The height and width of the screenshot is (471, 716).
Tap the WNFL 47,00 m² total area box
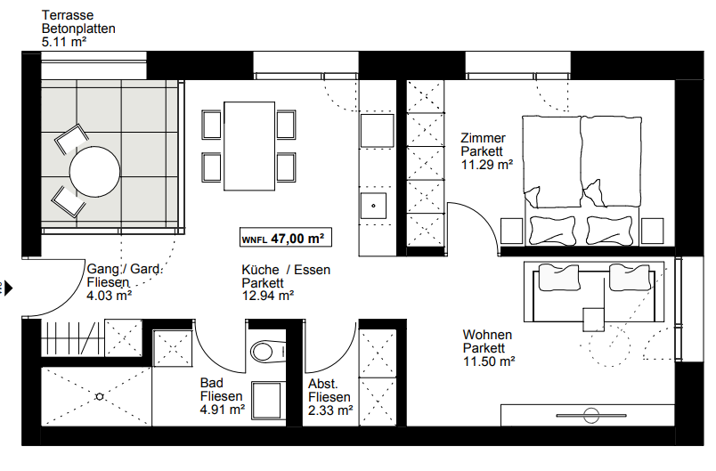pyautogui.click(x=281, y=239)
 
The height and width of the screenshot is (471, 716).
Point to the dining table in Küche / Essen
pyautogui.click(x=248, y=146)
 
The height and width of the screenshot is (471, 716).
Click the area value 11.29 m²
pyautogui.click(x=486, y=164)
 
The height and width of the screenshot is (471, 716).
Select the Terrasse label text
pyautogui.click(x=69, y=14)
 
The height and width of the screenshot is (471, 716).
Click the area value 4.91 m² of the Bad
pyautogui.click(x=223, y=410)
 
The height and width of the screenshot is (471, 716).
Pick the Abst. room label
pyautogui.click(x=321, y=384)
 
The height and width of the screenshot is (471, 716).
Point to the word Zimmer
pyautogui.click(x=483, y=138)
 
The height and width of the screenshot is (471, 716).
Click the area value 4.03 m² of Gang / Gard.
pyautogui.click(x=110, y=296)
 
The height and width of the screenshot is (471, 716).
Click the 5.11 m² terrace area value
pyautogui.click(x=64, y=41)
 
